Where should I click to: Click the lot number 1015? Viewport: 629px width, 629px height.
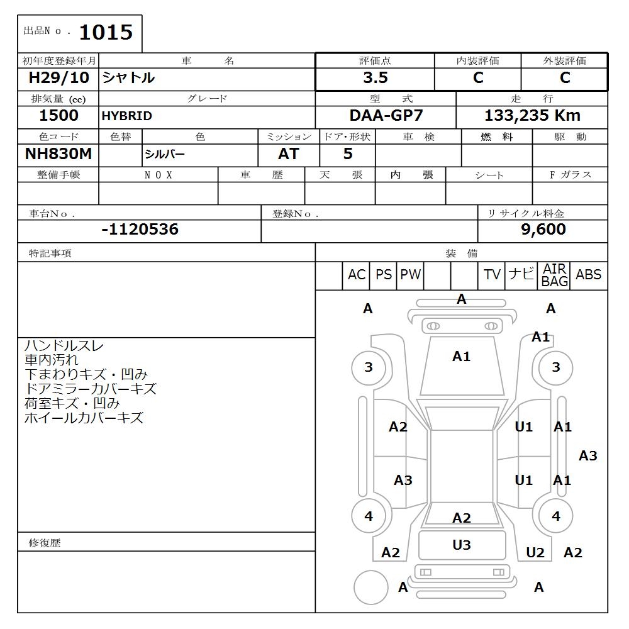tap(106, 32)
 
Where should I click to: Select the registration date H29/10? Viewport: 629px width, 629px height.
tap(58, 78)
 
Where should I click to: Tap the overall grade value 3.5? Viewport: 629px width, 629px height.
tap(375, 78)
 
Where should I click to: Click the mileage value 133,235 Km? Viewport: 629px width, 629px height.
tap(532, 116)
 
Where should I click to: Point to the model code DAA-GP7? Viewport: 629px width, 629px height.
tap(386, 116)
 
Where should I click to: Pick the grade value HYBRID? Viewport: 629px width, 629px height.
tap(127, 116)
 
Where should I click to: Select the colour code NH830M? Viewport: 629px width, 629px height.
tap(58, 154)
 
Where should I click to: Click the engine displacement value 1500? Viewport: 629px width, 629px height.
tap(58, 116)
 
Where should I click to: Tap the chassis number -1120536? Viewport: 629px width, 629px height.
tap(140, 230)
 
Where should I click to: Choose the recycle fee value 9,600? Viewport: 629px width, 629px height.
tap(543, 230)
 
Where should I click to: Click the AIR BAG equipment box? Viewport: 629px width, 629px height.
tap(554, 276)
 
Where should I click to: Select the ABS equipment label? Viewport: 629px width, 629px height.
tap(588, 275)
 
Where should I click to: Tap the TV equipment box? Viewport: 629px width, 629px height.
tap(492, 275)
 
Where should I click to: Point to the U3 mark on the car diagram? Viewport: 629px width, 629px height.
tap(462, 545)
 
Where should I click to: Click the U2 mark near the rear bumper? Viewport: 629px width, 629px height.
tap(535, 552)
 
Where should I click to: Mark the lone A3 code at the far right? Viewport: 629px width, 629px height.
tap(587, 455)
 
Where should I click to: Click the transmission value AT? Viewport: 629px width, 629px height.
tap(289, 154)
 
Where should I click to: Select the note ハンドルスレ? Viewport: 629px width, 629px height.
tap(64, 346)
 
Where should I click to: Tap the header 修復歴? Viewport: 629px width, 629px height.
tap(45, 542)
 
